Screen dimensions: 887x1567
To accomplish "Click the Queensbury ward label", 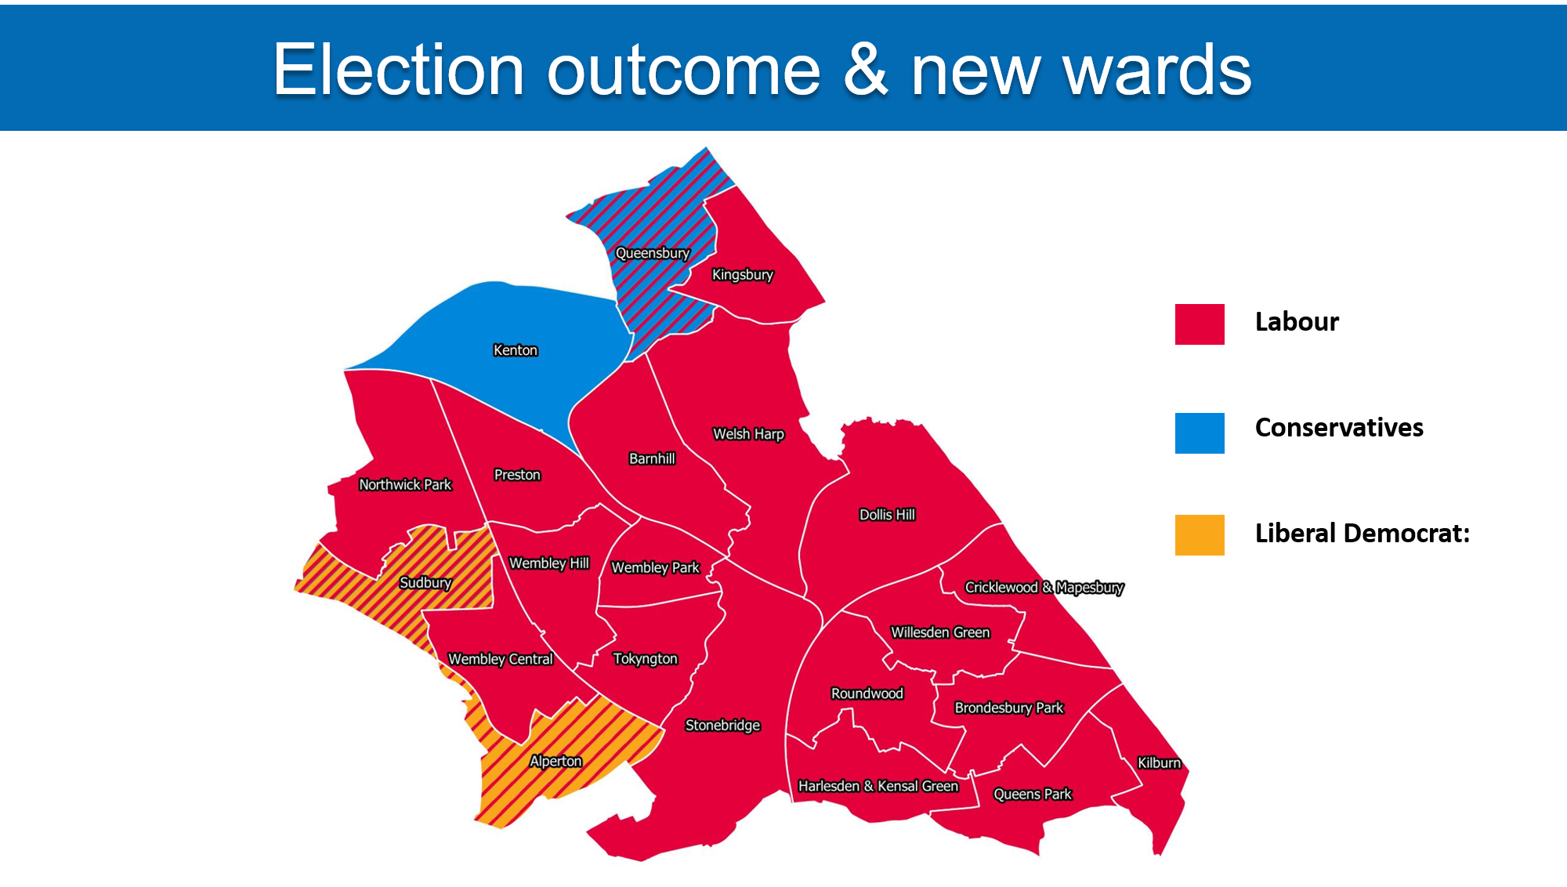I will click(x=653, y=253).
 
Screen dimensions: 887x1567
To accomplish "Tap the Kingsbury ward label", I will click(x=742, y=275).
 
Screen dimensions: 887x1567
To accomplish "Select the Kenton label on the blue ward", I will click(x=516, y=350).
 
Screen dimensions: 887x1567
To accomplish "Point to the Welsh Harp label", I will click(x=748, y=434).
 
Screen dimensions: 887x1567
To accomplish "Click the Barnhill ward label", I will click(x=652, y=458).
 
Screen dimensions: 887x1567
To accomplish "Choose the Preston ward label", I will click(x=517, y=475).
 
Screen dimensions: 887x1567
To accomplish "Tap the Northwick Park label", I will click(x=405, y=485).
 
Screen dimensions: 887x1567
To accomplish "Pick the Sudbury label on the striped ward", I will click(x=425, y=583).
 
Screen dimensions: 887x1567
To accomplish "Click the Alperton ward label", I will click(x=556, y=761).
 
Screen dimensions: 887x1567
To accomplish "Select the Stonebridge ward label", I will click(x=722, y=726).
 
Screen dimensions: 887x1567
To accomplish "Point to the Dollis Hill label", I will click(x=887, y=515).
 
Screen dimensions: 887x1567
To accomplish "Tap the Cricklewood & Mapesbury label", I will click(x=1044, y=588).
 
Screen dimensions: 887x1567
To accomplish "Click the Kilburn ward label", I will click(x=1159, y=763).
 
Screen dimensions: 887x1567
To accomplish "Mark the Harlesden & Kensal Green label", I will click(x=878, y=786).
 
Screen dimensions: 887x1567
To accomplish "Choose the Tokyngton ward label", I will click(x=645, y=659).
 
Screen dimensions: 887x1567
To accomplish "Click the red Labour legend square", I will click(x=1200, y=324).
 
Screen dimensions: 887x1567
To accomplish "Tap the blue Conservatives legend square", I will click(x=1200, y=433).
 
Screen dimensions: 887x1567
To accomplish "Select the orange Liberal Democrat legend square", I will click(x=1200, y=535).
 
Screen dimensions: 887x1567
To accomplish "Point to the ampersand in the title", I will click(x=866, y=71).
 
